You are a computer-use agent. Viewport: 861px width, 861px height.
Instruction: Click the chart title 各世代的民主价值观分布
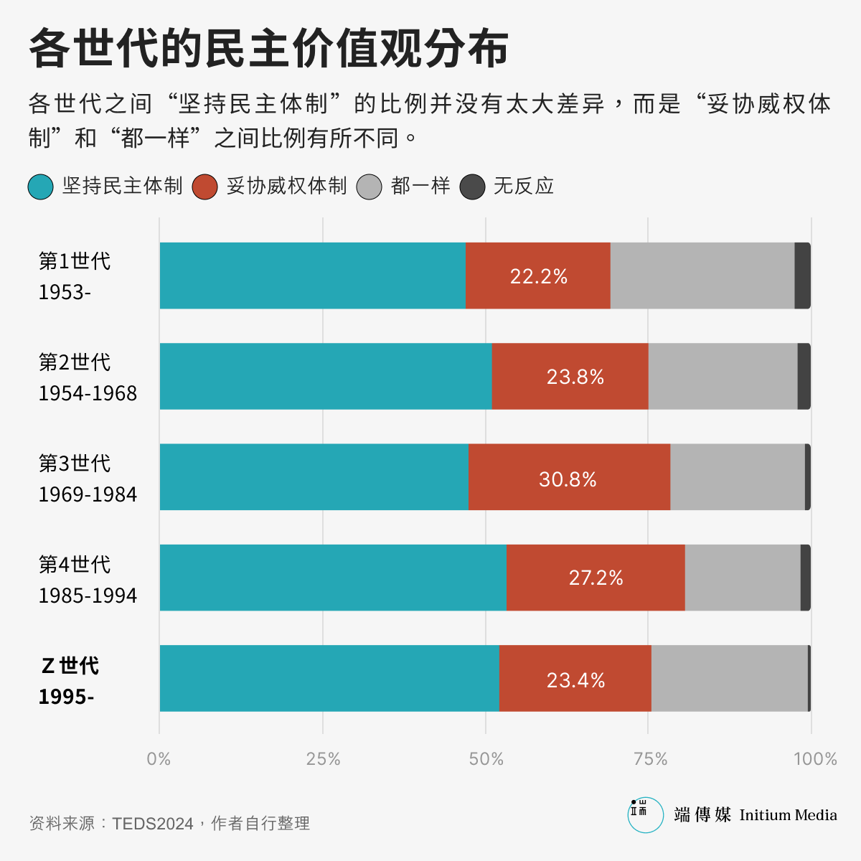tap(269, 49)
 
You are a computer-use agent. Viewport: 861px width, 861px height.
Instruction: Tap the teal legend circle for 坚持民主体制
tap(40, 187)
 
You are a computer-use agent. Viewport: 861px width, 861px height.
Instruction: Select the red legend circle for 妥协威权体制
tap(205, 187)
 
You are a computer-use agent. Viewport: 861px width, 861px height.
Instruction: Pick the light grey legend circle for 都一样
tap(369, 187)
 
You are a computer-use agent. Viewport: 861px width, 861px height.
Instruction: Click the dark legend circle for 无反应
tap(472, 187)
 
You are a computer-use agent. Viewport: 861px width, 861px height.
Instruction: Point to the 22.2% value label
tap(538, 276)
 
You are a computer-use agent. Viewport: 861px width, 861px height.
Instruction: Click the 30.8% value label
tap(568, 479)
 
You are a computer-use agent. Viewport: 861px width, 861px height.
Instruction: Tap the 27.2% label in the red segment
tap(596, 578)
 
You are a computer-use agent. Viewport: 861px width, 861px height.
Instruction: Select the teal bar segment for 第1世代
tap(312, 276)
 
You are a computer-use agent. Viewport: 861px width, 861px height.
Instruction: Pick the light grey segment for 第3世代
tap(737, 477)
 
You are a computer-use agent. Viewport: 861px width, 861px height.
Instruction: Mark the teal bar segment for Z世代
tap(329, 678)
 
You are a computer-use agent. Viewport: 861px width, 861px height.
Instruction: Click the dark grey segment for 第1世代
tap(802, 276)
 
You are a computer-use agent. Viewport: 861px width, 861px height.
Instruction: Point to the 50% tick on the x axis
tap(486, 759)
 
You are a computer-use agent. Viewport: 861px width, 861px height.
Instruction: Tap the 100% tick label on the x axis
tap(815, 759)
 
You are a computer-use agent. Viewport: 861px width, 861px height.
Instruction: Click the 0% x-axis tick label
tap(159, 759)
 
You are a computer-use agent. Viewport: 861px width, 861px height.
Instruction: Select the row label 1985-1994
tap(88, 596)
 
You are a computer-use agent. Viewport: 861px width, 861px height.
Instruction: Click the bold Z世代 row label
tap(70, 666)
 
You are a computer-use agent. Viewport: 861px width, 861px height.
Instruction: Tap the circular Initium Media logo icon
tap(645, 814)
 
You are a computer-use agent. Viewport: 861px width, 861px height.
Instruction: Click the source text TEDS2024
tap(153, 823)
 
